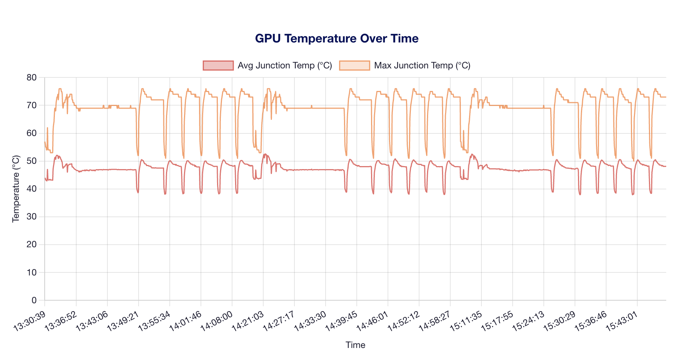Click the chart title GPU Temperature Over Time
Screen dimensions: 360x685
click(x=336, y=39)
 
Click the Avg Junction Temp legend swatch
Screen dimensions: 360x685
click(x=218, y=65)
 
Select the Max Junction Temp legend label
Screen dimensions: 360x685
click(x=422, y=65)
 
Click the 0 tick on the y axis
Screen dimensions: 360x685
click(x=34, y=300)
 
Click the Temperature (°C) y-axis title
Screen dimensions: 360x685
click(x=16, y=189)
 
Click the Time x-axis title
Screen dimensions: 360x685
click(x=355, y=345)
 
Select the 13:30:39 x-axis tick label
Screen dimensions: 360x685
click(x=30, y=321)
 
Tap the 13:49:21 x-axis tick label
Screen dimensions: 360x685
click(x=124, y=321)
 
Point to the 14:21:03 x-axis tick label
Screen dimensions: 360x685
click(x=248, y=321)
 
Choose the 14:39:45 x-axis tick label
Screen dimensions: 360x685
click(x=342, y=321)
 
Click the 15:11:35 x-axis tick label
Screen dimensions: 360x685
click(x=466, y=321)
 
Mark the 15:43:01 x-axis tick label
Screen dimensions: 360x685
click(x=622, y=321)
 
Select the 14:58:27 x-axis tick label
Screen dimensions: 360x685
click(x=435, y=321)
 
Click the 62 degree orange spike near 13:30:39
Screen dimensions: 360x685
click(x=47, y=129)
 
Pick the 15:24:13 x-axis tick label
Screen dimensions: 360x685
click(x=529, y=321)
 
